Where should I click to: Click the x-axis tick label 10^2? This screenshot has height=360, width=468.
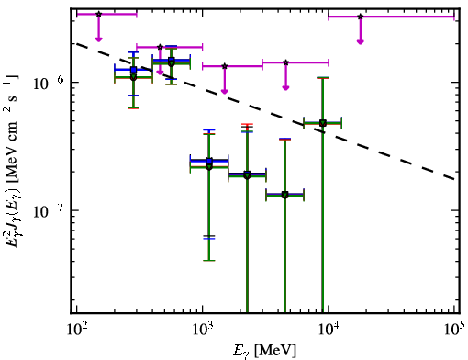point(77,330)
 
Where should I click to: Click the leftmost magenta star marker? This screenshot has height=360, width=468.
point(98,14)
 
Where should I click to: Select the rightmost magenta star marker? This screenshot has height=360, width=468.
point(361,17)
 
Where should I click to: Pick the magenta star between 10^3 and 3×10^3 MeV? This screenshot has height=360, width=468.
point(225,66)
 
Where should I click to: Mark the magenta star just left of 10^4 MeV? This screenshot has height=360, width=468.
point(285,62)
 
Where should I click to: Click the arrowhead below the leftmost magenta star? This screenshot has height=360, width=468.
point(98,39)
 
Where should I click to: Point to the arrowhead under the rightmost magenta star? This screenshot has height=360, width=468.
point(361,41)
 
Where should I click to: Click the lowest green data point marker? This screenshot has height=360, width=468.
point(284,195)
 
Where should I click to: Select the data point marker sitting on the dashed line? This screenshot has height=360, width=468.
point(323,123)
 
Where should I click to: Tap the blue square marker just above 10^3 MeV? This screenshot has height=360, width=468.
point(209,161)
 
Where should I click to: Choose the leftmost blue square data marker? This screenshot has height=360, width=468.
point(133,70)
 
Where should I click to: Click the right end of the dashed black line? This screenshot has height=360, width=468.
point(454,179)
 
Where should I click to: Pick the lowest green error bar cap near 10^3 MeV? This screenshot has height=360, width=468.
point(209,261)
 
